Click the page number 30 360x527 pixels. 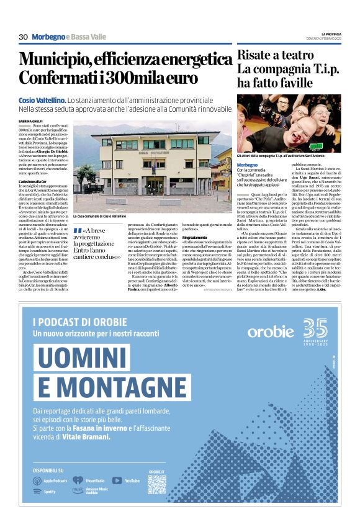[x=23, y=37]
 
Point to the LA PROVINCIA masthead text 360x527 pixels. [x=331, y=34]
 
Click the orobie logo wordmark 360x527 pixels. [x=271, y=330]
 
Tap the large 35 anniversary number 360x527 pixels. [x=315, y=327]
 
